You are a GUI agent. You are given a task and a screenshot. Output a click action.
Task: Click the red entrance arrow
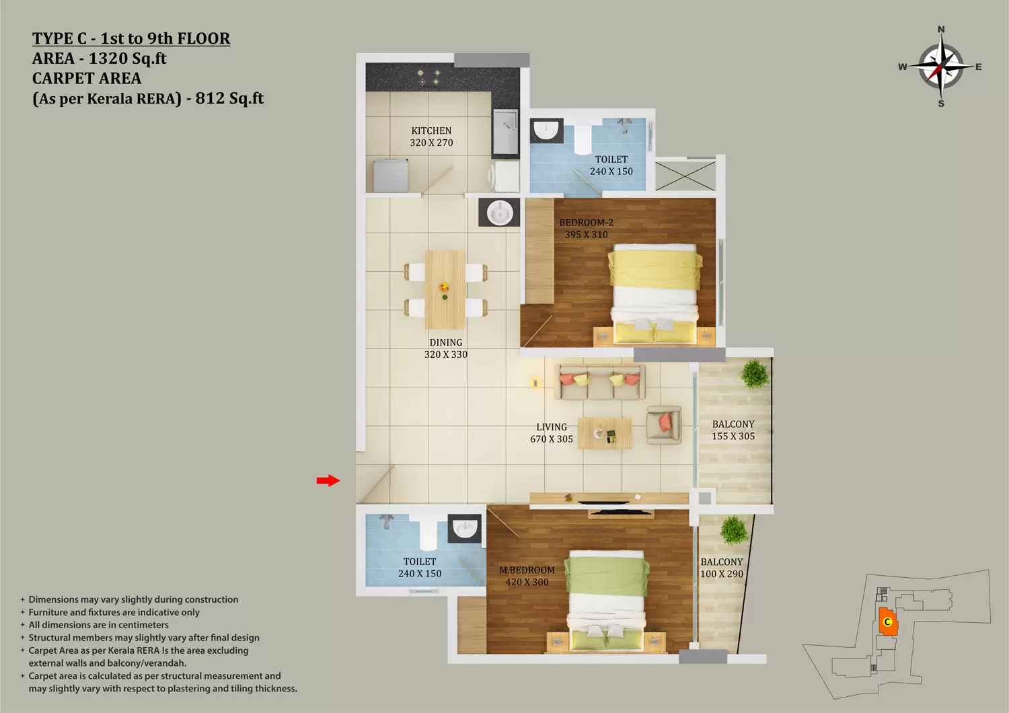[328, 480]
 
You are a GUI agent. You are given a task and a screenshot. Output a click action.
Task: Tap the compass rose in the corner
[941, 67]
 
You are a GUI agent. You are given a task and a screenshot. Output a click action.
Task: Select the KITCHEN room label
[431, 130]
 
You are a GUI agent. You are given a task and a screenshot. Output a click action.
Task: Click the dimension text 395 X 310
[586, 234]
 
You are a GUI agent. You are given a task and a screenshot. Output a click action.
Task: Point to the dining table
[445, 289]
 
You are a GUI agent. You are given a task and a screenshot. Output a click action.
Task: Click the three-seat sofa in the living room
[599, 383]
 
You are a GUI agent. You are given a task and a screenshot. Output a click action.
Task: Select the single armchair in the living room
[663, 425]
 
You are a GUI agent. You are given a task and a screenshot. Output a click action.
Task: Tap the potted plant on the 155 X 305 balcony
[755, 374]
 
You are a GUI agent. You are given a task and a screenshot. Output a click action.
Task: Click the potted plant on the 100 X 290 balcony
[734, 529]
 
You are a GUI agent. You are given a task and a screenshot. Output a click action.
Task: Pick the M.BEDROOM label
[527, 570]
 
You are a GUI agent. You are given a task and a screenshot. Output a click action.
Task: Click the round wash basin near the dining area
[500, 212]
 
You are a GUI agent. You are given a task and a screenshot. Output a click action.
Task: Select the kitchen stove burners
[428, 77]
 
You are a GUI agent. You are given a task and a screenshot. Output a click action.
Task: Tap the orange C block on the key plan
[888, 622]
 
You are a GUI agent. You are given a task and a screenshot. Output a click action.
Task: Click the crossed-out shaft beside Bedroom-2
[685, 175]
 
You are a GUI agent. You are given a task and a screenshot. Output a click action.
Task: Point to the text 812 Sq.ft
[229, 98]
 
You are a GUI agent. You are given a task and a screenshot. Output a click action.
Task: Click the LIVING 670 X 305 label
[552, 433]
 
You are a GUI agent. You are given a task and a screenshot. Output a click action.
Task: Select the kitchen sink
[505, 132]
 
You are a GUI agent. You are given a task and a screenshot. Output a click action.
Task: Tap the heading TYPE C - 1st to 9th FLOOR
[131, 38]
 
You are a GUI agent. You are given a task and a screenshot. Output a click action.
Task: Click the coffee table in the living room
[604, 433]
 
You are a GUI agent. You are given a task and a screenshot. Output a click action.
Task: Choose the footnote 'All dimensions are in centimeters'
[99, 625]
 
